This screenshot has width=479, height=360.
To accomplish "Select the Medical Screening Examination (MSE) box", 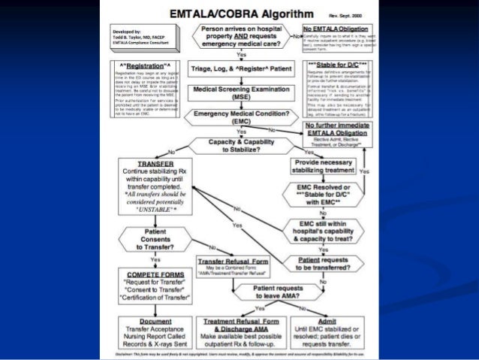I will click(x=241, y=93).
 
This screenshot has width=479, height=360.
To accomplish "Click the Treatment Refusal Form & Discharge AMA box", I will click(x=243, y=329).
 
